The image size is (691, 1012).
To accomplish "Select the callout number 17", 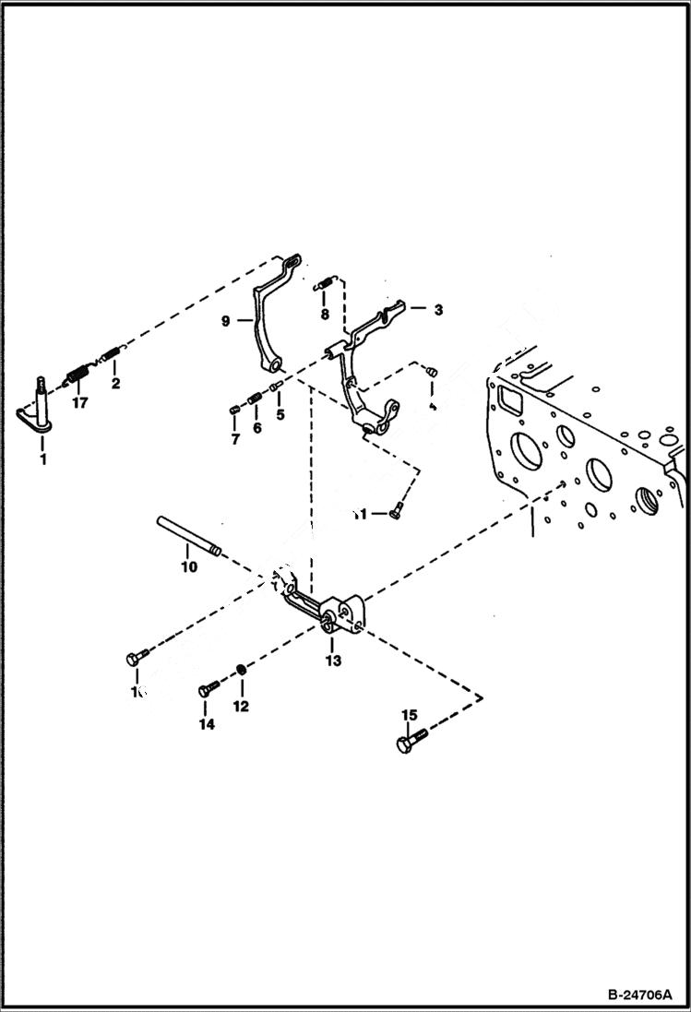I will [x=80, y=402].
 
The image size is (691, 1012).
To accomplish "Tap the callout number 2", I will [x=115, y=383].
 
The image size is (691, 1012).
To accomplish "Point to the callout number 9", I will [x=226, y=321].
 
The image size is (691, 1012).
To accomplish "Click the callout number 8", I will [x=324, y=315].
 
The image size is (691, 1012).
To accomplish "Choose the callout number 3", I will [x=438, y=310].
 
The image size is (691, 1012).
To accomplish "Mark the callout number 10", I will [x=188, y=566].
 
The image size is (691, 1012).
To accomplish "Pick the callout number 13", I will [x=332, y=661].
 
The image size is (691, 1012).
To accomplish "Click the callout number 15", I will [x=409, y=715].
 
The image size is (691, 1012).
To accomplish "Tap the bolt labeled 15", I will [x=411, y=741].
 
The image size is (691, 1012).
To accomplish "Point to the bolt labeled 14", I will [x=208, y=689].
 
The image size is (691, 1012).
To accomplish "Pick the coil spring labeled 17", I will [x=77, y=377].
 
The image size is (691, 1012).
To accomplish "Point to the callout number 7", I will [x=234, y=440].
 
